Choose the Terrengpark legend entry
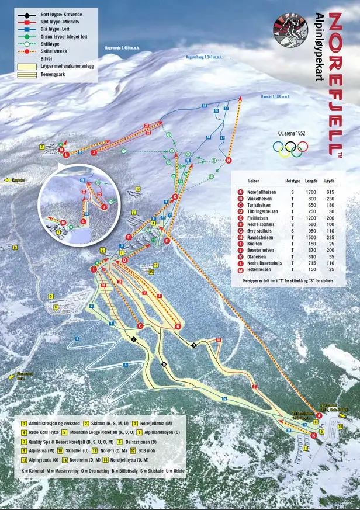57,75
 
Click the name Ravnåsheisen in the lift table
261,238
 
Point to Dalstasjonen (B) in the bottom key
138,442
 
